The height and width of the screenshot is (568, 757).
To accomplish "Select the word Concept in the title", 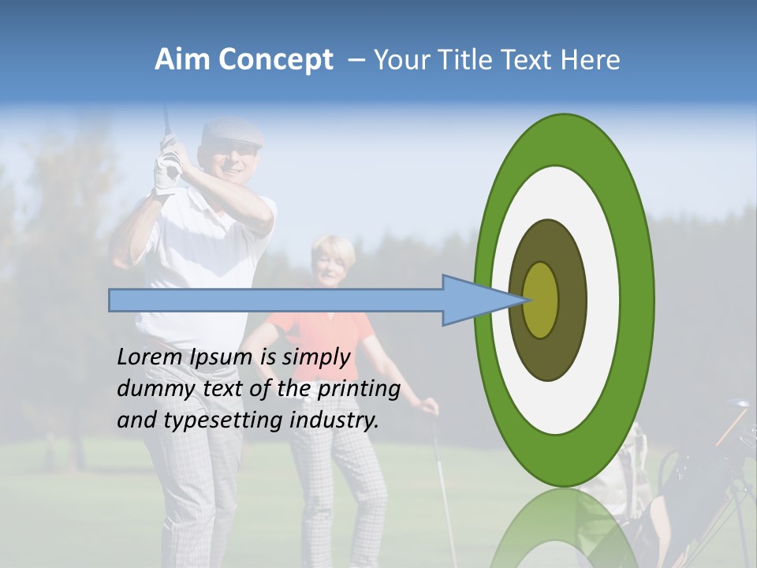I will [275, 60].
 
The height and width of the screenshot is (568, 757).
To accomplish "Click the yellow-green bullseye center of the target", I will [541, 300].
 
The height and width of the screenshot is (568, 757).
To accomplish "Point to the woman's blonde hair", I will [334, 248].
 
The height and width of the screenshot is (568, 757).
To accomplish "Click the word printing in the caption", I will [358, 390].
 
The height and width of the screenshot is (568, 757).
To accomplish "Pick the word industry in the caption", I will [334, 420].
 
